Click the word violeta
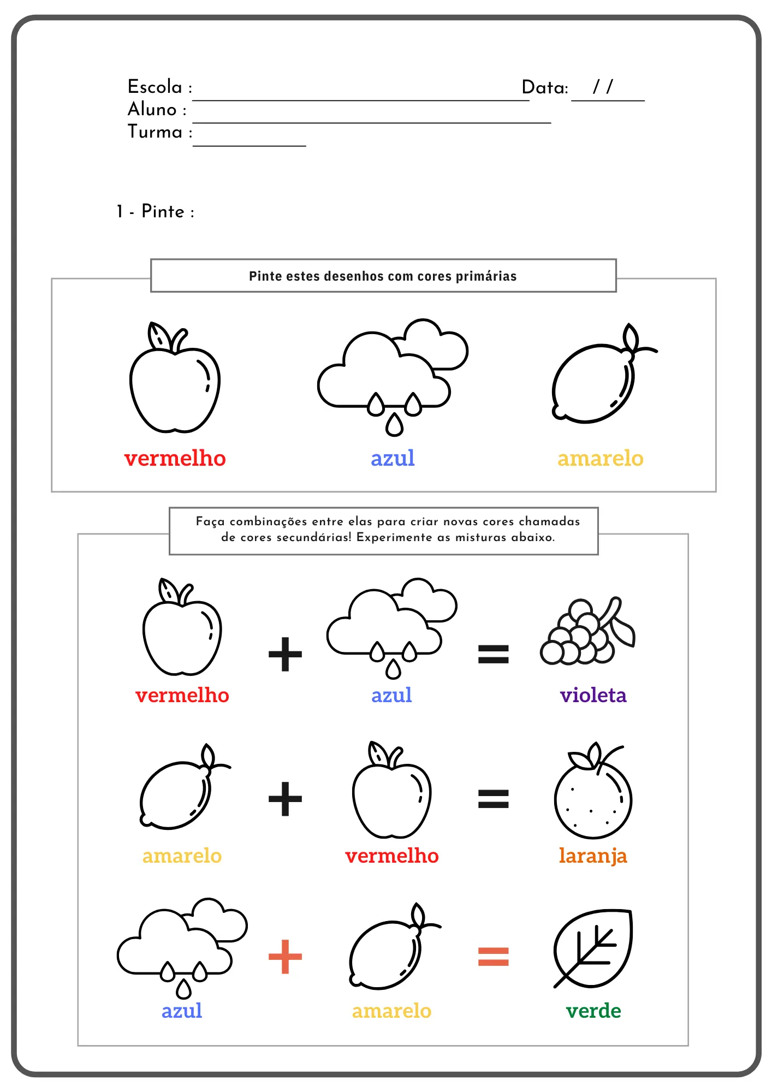(593, 695)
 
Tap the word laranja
(593, 856)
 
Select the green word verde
(593, 1011)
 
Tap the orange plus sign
(285, 957)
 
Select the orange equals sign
(493, 957)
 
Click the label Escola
(155, 87)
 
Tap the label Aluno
(152, 109)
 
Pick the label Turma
(155, 132)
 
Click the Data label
(544, 87)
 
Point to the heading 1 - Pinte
(156, 211)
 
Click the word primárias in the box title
(486, 276)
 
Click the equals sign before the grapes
(493, 654)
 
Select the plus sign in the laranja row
(285, 799)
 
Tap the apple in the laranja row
(391, 794)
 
